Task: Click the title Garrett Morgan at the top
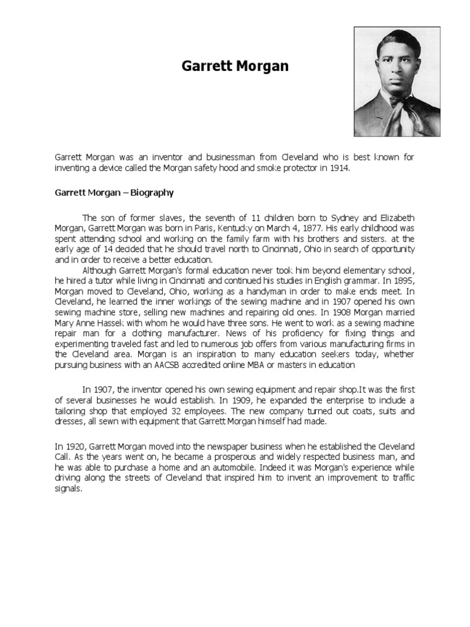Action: pyautogui.click(x=235, y=66)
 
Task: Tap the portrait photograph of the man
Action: pyautogui.click(x=397, y=81)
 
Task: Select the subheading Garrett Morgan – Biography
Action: pyautogui.click(x=114, y=192)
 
